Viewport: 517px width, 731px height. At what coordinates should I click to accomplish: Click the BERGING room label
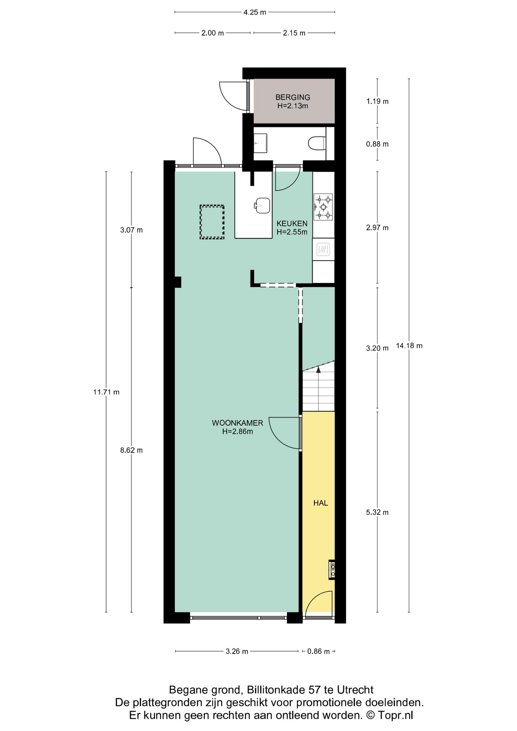(x=292, y=97)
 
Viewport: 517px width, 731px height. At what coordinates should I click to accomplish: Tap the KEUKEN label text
(x=292, y=223)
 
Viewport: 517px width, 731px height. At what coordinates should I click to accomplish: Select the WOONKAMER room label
(x=237, y=423)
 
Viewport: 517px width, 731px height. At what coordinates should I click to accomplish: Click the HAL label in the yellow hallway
(x=320, y=503)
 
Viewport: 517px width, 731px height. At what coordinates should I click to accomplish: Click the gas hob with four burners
(x=323, y=207)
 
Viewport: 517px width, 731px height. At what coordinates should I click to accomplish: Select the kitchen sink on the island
(x=262, y=206)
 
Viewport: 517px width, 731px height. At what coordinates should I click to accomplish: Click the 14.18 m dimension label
(x=409, y=346)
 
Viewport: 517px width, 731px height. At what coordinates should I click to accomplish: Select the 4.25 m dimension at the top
(x=255, y=12)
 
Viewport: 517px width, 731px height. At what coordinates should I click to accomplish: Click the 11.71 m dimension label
(x=106, y=392)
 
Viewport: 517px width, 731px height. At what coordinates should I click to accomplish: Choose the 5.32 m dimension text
(x=377, y=512)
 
